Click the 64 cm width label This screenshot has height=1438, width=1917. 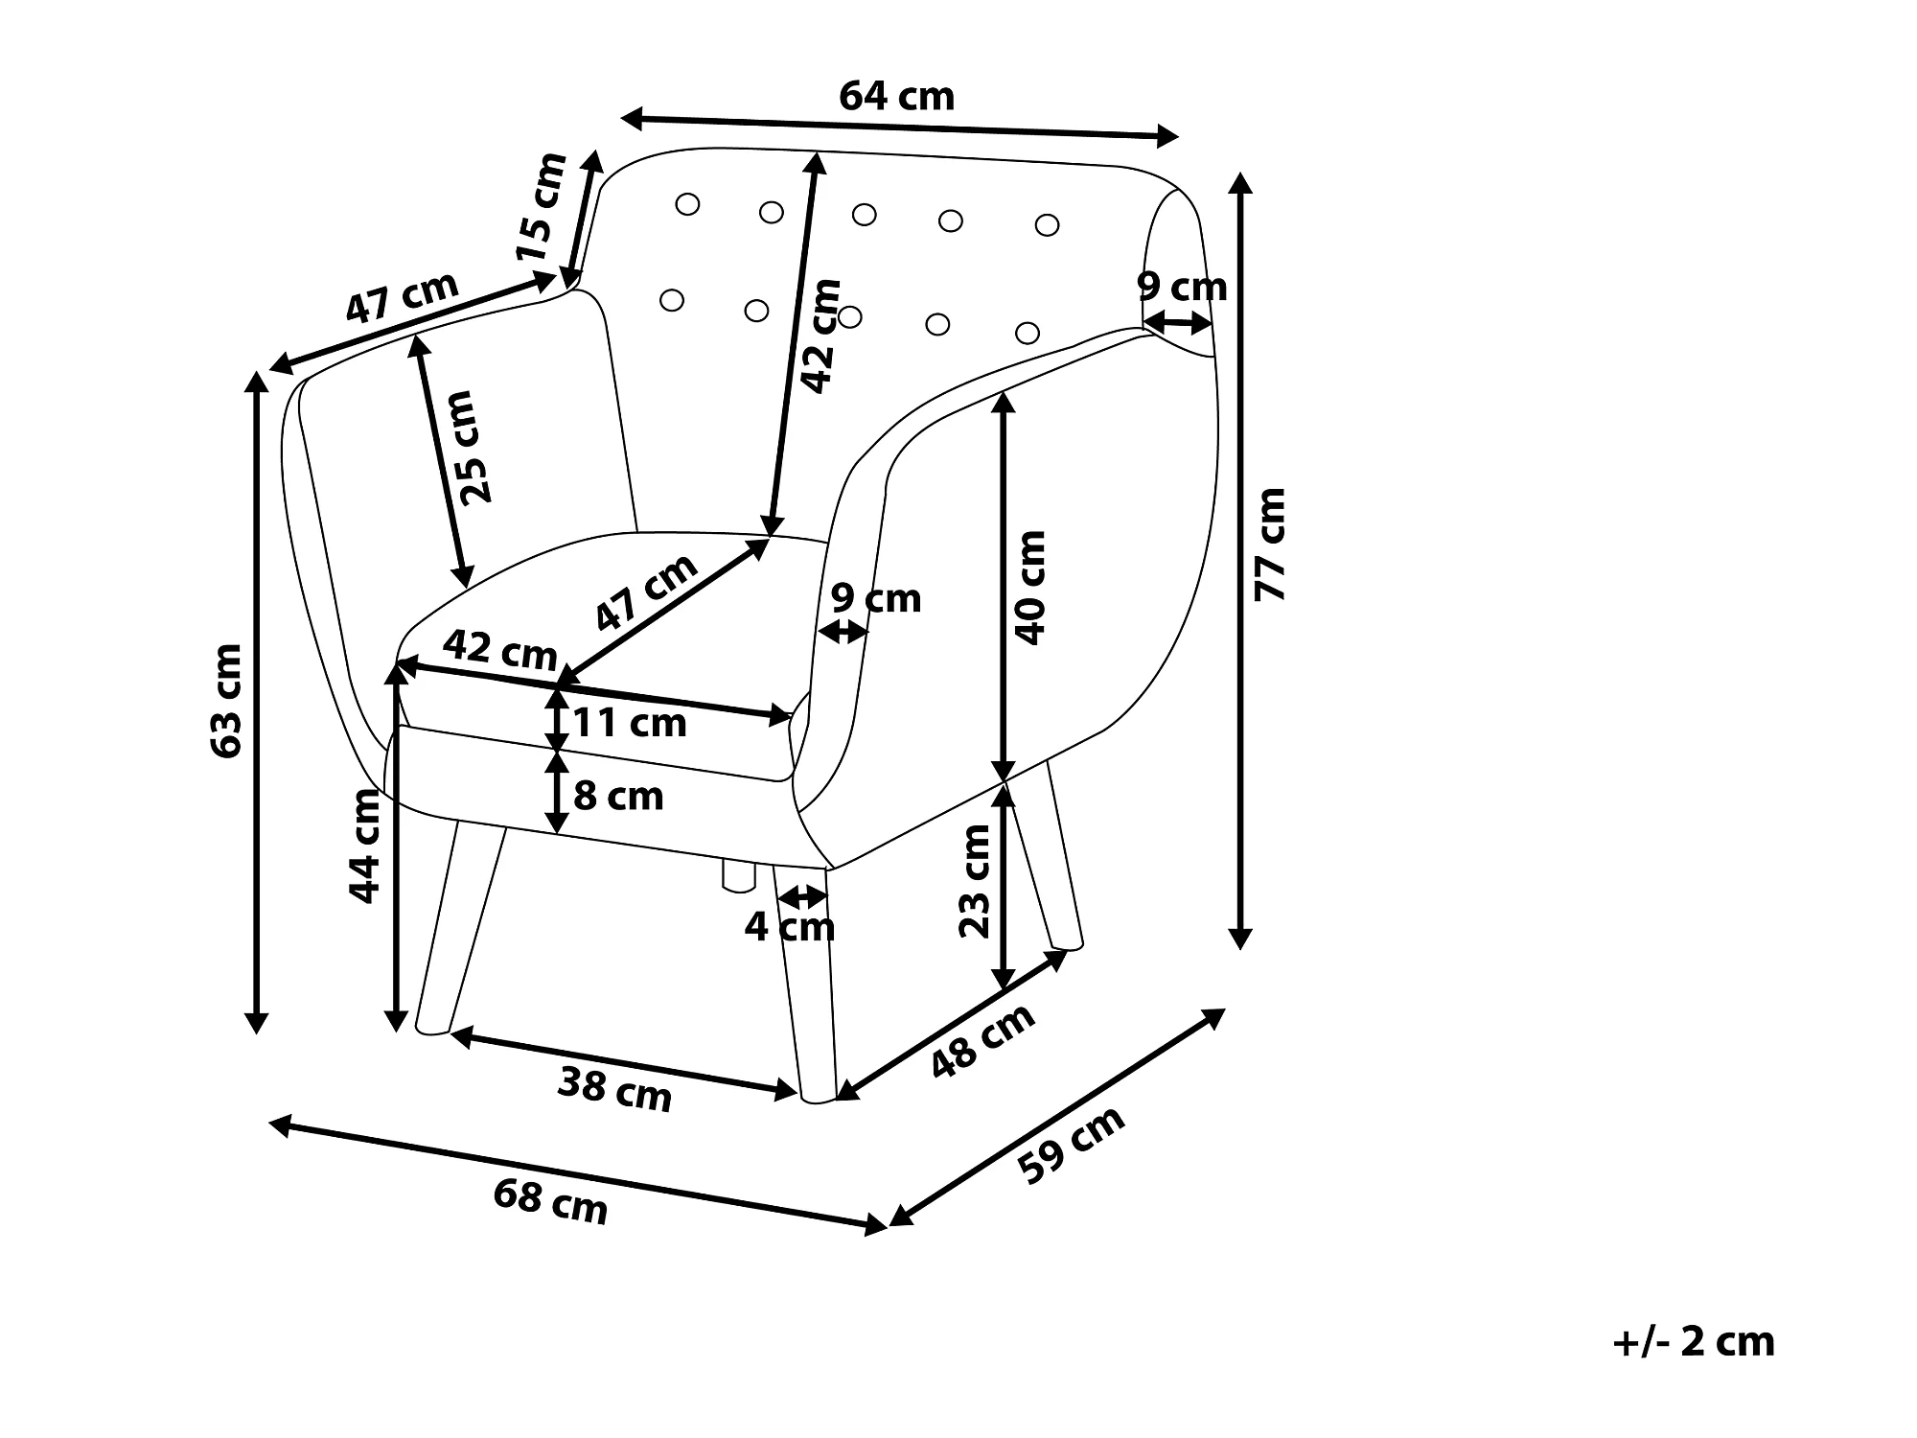pos(896,96)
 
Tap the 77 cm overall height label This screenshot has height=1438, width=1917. pos(1270,545)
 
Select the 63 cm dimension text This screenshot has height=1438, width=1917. pos(226,702)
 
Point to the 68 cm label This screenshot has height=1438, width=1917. pos(550,1202)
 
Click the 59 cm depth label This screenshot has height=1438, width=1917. pos(1071,1145)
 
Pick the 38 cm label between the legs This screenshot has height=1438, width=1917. pos(614,1089)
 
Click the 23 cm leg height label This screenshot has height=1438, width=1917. pos(974,881)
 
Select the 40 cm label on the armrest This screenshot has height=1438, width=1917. pos(1030,588)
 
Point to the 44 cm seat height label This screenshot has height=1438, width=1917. pos(364,846)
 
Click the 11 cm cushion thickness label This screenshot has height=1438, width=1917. pos(630,723)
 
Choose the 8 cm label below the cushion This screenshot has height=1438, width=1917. pos(618,796)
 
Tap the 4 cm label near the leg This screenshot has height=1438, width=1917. pos(790,926)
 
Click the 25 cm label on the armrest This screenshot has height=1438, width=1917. pos(475,448)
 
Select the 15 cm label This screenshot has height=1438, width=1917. pos(542,207)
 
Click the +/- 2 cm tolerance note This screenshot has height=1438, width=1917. pos(1694,1341)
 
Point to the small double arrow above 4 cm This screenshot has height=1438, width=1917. pos(802,897)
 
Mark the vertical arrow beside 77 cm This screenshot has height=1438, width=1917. pos(1241,561)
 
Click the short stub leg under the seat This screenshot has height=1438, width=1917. pos(738,875)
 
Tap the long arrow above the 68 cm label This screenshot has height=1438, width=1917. pos(579,1175)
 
